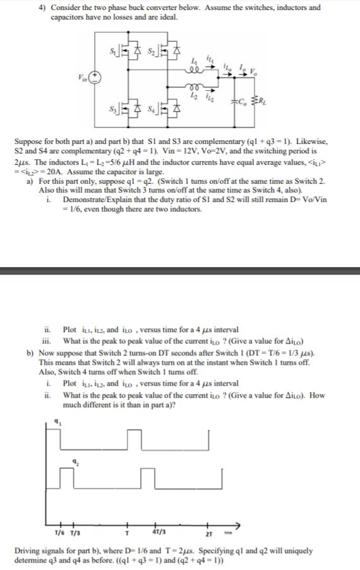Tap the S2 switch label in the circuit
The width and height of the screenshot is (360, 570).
[152, 49]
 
